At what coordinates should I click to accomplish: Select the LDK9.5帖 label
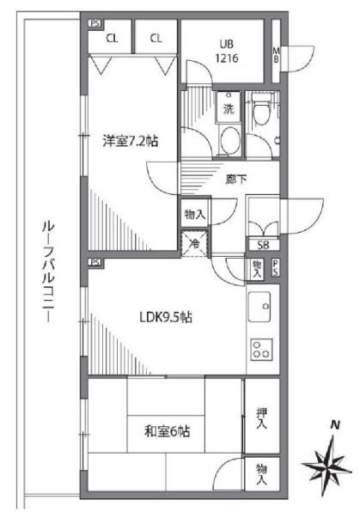(x=166, y=317)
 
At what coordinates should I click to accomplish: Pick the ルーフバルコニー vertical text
(x=46, y=271)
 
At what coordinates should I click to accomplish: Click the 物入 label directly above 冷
(x=193, y=215)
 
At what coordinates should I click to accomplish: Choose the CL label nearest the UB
(x=156, y=37)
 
